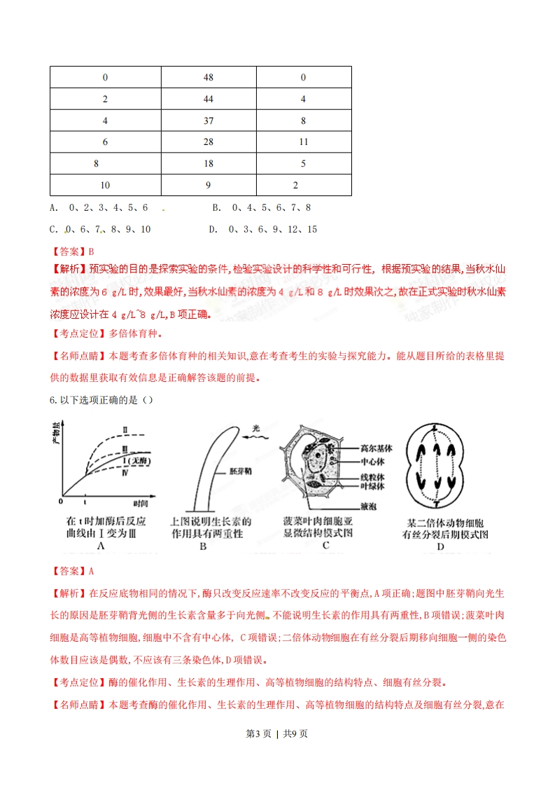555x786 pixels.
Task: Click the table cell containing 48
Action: [x=208, y=77]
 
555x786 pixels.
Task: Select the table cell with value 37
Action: [x=208, y=120]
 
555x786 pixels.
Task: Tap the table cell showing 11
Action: [x=303, y=142]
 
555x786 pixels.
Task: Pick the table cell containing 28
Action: [x=208, y=142]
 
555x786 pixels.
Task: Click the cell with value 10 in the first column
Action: [x=105, y=186]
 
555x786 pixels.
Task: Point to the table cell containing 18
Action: [x=208, y=164]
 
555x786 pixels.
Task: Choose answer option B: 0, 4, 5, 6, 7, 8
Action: [x=261, y=208]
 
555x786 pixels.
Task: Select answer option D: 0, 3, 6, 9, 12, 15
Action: [x=262, y=229]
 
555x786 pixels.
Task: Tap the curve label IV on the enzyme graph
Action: [x=124, y=474]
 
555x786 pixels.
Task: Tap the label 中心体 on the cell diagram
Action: [x=370, y=462]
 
